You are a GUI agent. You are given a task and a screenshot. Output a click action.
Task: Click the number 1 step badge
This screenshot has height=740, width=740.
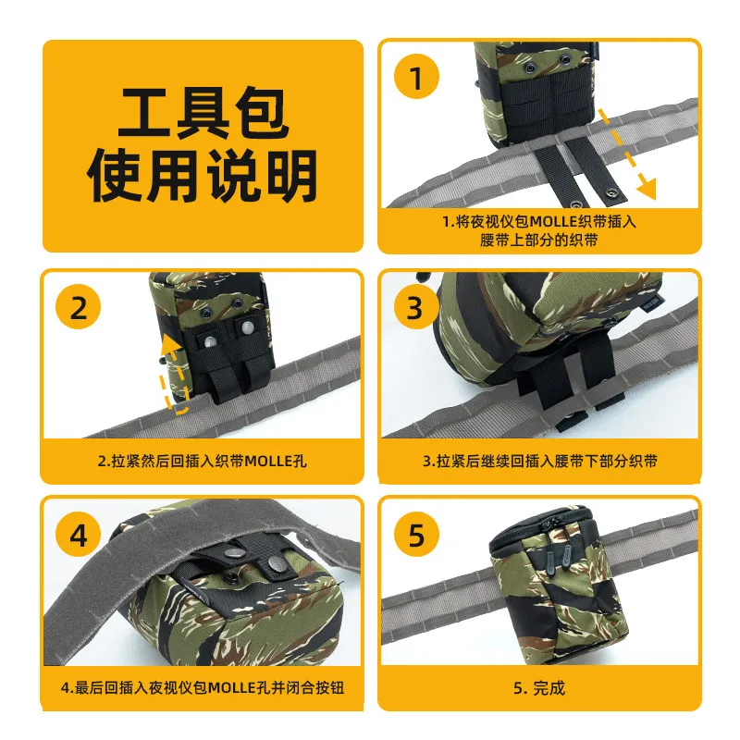coord(416,77)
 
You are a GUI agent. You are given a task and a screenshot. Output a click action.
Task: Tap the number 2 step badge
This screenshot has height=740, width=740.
coord(79,307)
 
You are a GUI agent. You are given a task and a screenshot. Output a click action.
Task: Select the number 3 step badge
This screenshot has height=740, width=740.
coord(415,307)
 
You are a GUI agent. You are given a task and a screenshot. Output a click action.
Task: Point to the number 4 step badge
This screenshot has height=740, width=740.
coord(79,535)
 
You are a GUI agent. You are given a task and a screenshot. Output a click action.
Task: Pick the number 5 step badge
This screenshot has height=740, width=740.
coord(416,535)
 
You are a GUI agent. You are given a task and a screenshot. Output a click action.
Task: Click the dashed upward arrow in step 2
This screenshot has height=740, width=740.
coord(172,374)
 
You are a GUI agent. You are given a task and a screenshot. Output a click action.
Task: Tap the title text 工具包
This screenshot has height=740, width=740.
coord(203,112)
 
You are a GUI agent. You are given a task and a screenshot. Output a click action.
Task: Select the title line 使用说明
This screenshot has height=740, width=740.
coord(203,176)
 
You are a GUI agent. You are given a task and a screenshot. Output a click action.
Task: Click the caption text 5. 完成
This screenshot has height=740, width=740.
coord(539,687)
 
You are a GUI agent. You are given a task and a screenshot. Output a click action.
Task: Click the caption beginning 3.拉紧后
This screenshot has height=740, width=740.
coord(540,461)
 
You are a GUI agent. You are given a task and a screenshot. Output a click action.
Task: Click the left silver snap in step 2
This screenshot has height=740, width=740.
coord(210,340)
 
